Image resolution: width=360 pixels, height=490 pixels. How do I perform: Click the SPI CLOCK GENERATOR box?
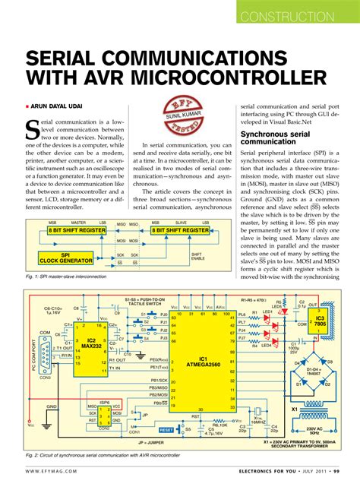point(65,237)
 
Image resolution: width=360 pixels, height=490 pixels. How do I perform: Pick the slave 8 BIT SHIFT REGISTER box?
point(180,208)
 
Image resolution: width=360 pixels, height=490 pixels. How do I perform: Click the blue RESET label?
point(166,429)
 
